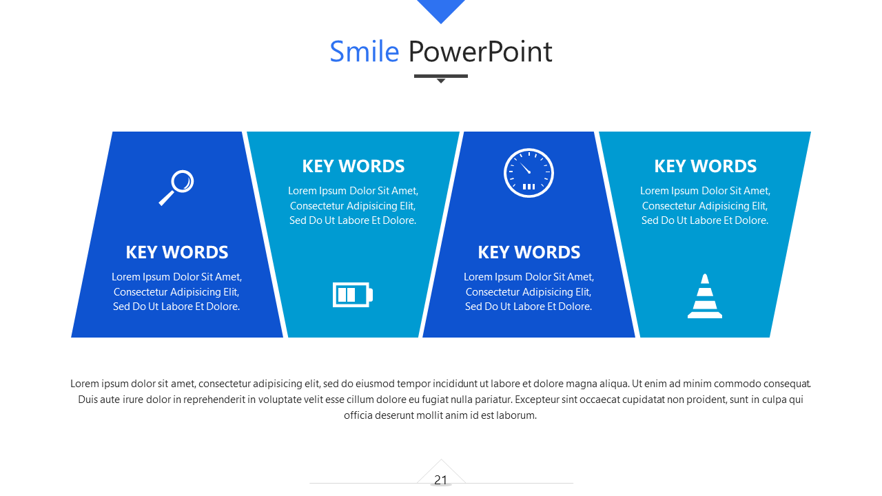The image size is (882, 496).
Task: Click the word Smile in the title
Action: [365, 52]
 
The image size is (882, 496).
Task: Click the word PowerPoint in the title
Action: [480, 52]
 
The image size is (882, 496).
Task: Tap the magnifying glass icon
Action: [176, 187]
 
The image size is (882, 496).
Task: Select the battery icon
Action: [352, 294]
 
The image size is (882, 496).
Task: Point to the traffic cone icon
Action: [705, 296]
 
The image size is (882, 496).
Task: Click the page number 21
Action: [440, 480]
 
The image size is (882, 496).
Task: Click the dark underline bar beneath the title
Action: [441, 76]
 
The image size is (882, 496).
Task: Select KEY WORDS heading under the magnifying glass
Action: [177, 252]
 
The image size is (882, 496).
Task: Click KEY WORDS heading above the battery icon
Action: [353, 166]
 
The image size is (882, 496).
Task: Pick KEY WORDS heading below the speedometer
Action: [529, 252]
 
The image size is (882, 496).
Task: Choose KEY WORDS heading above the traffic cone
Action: [705, 166]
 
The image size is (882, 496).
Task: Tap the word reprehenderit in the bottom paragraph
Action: [214, 400]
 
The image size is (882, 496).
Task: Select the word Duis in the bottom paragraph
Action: [87, 400]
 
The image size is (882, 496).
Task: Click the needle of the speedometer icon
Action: [525, 168]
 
